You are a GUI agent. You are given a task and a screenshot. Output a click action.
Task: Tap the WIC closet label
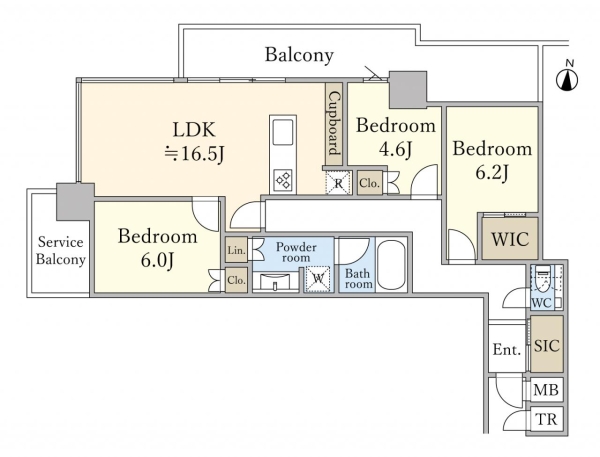[x=510, y=239]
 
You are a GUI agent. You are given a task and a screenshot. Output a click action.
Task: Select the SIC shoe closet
[x=547, y=344]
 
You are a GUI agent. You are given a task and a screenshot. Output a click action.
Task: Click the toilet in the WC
[x=543, y=280]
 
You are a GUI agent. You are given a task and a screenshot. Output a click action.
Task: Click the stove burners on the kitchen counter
[x=283, y=180]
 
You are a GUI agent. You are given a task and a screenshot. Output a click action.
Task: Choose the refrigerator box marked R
[x=338, y=183]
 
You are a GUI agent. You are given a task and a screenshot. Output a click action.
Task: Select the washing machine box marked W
[x=318, y=279]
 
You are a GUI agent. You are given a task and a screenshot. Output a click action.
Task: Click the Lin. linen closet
[x=236, y=250]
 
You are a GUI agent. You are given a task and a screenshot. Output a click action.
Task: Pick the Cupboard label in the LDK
[x=334, y=123]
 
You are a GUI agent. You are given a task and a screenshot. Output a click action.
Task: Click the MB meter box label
[x=546, y=390]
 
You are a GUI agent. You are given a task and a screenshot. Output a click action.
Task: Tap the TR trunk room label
[x=546, y=419]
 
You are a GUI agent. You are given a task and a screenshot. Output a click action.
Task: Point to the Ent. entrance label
[x=507, y=349]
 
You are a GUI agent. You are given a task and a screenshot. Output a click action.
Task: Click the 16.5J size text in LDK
[x=194, y=154]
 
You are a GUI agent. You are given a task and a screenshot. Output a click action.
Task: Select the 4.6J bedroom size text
[x=396, y=149]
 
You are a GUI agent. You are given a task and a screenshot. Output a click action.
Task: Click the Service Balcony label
[x=60, y=251]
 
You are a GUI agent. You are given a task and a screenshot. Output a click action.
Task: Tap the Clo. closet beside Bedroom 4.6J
[x=370, y=183]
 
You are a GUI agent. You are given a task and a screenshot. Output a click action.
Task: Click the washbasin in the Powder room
[x=276, y=282]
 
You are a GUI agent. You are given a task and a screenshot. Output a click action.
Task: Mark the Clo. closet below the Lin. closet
[x=236, y=280]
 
